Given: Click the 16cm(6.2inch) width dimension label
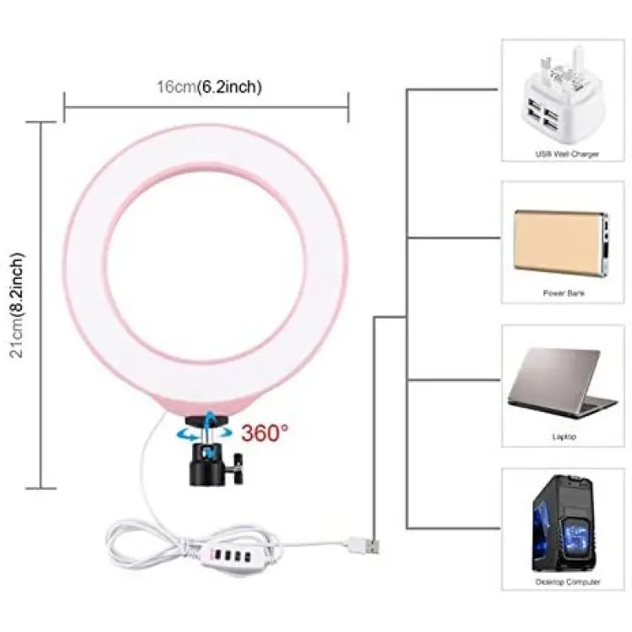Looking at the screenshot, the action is [209, 87].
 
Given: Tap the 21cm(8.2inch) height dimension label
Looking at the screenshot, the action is [18, 306].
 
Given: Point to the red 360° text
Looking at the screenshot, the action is [265, 433].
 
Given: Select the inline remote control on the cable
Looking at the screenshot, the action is [228, 556].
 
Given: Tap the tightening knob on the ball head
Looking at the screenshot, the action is [237, 468].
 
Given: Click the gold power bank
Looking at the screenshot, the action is [560, 243].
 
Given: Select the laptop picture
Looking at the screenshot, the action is [562, 384].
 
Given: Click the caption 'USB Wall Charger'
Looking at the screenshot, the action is [567, 154].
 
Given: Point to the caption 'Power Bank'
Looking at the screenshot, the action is [564, 293].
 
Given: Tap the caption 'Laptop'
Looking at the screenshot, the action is [564, 437].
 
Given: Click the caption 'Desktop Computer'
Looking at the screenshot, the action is [567, 581].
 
